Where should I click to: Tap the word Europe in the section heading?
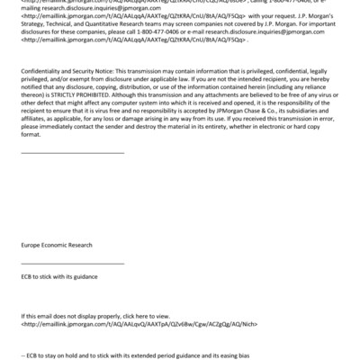pyautogui.click(x=33, y=245)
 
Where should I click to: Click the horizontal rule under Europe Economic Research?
pyautogui.click(x=72, y=263)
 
